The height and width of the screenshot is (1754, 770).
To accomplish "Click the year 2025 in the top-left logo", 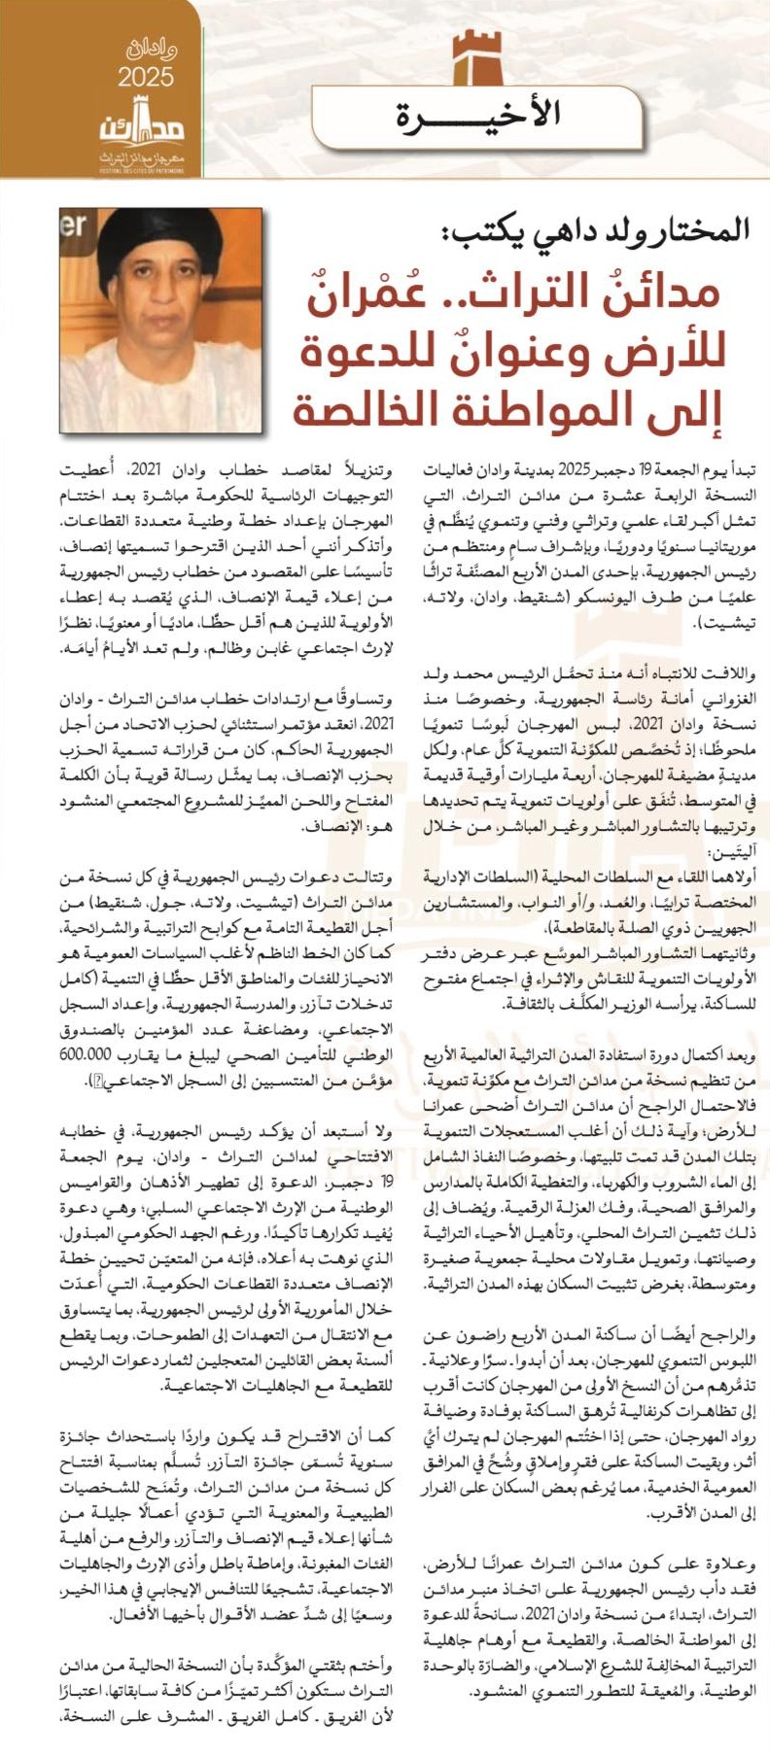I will (x=146, y=77).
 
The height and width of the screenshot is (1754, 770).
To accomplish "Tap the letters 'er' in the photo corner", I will (x=74, y=227).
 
